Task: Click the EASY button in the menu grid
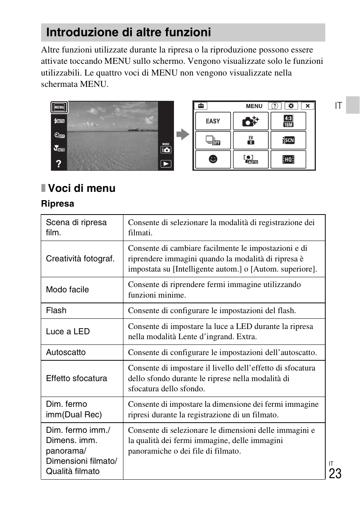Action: click(x=213, y=121)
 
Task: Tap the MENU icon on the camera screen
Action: click(x=59, y=107)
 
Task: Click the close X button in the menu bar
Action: click(x=308, y=106)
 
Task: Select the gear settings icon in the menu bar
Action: click(x=291, y=106)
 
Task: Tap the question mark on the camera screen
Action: click(x=58, y=164)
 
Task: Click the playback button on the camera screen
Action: click(x=166, y=164)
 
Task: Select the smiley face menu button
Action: click(x=213, y=159)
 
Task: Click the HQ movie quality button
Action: click(x=288, y=159)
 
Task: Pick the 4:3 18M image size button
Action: click(x=288, y=121)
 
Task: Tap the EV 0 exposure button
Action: click(x=251, y=140)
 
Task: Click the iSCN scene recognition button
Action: click(x=288, y=140)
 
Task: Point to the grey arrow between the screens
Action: click(x=183, y=134)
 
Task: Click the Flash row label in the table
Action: click(x=56, y=310)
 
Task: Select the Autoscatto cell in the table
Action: click(x=66, y=352)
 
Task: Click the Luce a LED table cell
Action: click(x=68, y=332)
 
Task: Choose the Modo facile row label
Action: click(x=68, y=290)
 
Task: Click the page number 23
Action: click(x=335, y=474)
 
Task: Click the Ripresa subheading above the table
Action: click(x=57, y=204)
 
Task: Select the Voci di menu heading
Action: click(x=82, y=188)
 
